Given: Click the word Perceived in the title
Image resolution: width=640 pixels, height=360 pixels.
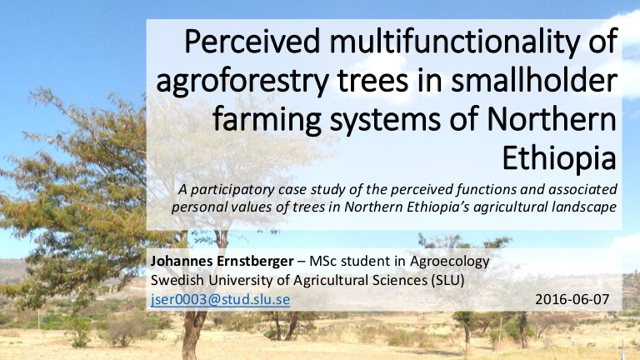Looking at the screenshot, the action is (252, 41).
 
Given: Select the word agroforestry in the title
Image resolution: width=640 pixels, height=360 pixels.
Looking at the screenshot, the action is (242, 82).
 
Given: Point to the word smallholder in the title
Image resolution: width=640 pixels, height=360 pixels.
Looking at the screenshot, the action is (533, 80).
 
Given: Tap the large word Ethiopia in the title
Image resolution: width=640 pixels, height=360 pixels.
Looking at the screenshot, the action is (559, 158).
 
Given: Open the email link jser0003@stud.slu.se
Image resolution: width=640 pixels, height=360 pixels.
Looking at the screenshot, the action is (220, 300).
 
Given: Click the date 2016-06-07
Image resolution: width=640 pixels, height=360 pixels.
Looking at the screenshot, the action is (572, 299).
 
